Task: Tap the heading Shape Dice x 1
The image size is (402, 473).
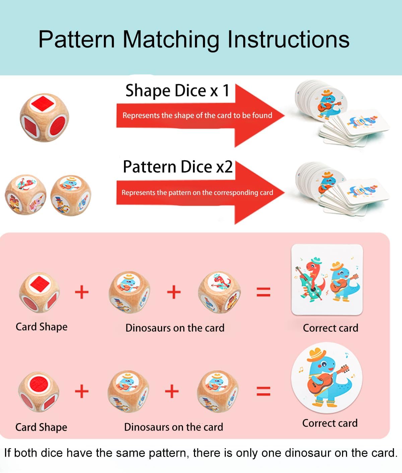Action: (x=177, y=91)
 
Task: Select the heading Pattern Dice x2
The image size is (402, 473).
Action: (x=178, y=166)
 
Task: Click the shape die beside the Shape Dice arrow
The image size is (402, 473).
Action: (x=44, y=117)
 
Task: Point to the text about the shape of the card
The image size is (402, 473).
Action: (x=197, y=115)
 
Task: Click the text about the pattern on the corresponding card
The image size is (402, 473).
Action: (x=197, y=193)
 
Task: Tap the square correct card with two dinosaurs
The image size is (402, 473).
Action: (x=327, y=280)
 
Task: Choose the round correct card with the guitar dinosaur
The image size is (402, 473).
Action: (x=327, y=378)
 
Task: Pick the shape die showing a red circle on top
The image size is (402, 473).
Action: (x=39, y=392)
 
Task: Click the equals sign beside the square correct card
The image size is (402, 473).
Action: (x=263, y=292)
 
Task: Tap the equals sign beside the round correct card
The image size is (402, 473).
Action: (x=263, y=391)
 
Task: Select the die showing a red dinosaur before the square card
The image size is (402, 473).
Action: (x=219, y=292)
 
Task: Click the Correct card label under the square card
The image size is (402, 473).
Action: (x=330, y=328)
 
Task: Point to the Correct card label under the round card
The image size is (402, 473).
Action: (x=330, y=423)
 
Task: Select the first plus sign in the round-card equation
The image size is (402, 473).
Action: (x=82, y=391)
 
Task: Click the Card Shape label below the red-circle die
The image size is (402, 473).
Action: (x=41, y=427)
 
